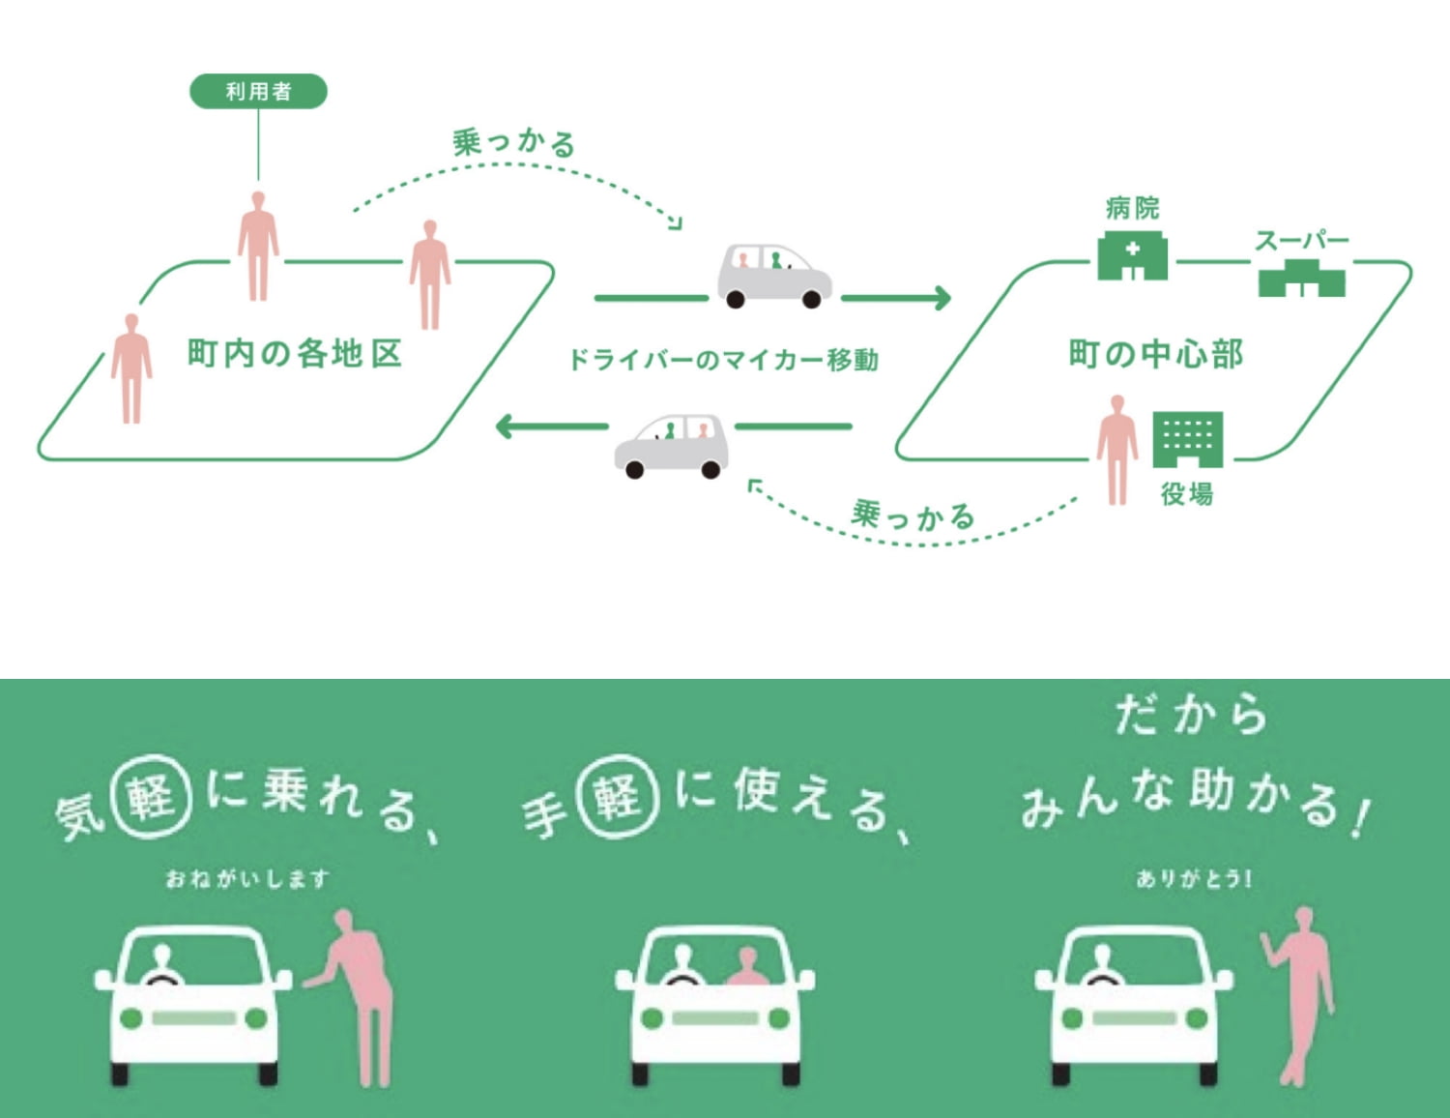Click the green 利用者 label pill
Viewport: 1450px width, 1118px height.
pos(258,92)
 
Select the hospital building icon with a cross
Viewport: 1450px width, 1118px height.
pos(1132,255)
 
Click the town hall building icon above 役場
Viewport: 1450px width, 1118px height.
pos(1187,438)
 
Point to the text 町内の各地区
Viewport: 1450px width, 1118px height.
pos(294,353)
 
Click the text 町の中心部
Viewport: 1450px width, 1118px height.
pos(1156,354)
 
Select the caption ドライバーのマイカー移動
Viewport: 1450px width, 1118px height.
pos(723,360)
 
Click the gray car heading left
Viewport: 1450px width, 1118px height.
pos(672,446)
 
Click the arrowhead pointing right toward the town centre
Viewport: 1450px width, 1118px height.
pos(940,298)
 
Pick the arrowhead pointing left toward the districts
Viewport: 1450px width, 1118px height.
pos(506,426)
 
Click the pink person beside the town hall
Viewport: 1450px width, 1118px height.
pos(1117,449)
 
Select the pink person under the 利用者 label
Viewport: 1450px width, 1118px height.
pos(258,246)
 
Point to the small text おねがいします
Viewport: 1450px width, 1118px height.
pos(247,879)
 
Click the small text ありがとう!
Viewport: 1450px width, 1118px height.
pos(1194,879)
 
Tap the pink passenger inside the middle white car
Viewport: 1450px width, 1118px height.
pos(746,968)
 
